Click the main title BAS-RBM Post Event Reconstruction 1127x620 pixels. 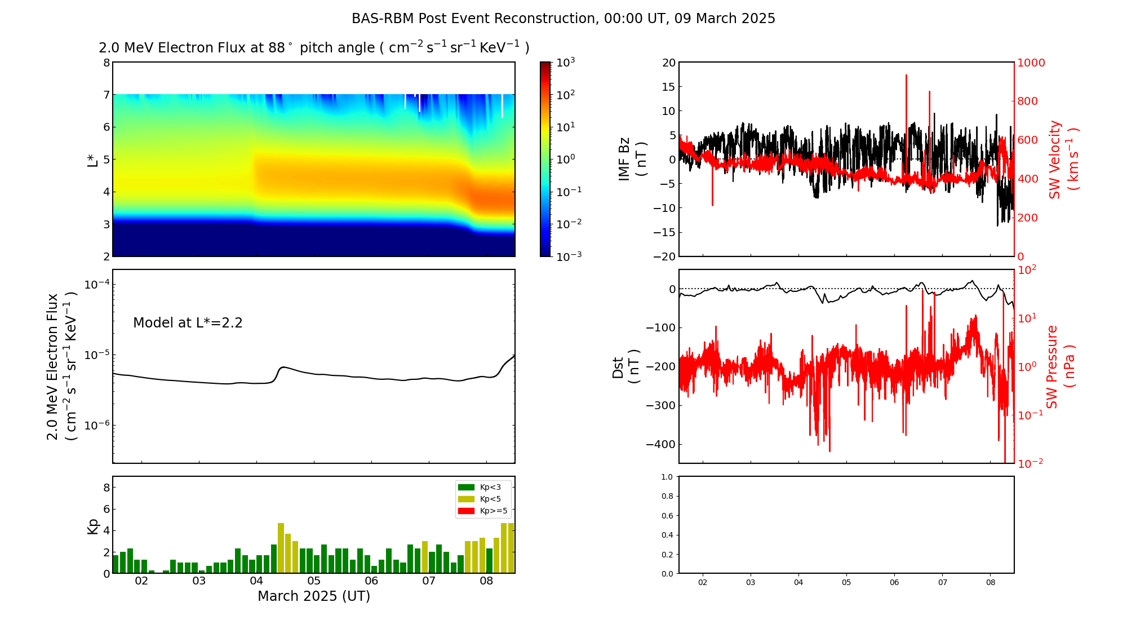[x=563, y=19]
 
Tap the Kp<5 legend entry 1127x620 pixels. [x=490, y=499]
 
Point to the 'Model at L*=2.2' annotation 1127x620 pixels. [x=188, y=323]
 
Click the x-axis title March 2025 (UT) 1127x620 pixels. [x=314, y=596]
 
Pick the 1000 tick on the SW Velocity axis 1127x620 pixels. [x=1031, y=63]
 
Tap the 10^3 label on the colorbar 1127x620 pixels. [x=565, y=62]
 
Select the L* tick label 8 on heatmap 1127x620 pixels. [x=106, y=63]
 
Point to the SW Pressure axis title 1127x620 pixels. [x=1060, y=366]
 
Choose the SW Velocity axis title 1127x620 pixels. [x=1063, y=159]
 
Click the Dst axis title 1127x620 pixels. [x=625, y=366]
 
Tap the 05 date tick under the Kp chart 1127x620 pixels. [x=314, y=581]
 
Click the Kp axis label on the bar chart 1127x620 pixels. [x=93, y=526]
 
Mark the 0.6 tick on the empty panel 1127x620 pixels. [x=667, y=516]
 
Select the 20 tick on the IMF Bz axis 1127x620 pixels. [x=668, y=63]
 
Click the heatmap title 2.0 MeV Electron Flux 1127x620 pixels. [x=314, y=48]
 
